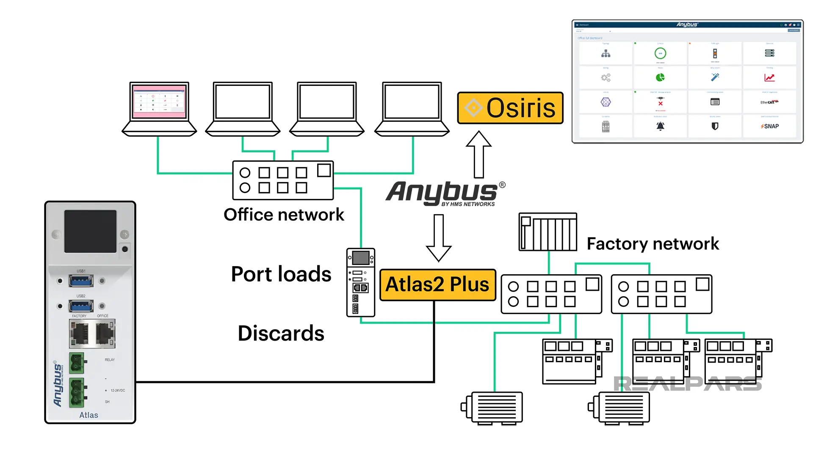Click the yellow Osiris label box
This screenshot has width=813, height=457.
click(x=510, y=108)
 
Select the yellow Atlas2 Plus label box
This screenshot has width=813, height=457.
click(x=437, y=284)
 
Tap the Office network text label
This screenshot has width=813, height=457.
click(x=284, y=215)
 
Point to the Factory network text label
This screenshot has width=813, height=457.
click(x=653, y=244)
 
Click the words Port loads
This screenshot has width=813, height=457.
click(x=281, y=274)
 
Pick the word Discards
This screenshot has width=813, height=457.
click(x=281, y=333)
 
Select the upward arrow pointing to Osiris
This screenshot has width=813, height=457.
click(x=478, y=154)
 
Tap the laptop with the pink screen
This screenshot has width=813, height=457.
click(x=159, y=108)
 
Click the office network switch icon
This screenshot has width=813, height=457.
click(x=283, y=180)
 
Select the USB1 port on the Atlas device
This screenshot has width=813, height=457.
click(x=81, y=281)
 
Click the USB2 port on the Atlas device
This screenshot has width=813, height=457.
click(x=81, y=306)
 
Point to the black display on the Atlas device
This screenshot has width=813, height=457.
click(x=90, y=231)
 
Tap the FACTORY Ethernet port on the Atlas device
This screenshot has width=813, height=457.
click(x=80, y=333)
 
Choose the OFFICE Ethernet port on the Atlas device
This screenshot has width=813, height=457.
click(x=104, y=333)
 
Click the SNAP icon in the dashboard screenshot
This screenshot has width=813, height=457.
click(x=770, y=126)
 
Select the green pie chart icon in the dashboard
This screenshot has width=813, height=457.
click(x=660, y=77)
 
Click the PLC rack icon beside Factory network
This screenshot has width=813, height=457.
click(x=548, y=232)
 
